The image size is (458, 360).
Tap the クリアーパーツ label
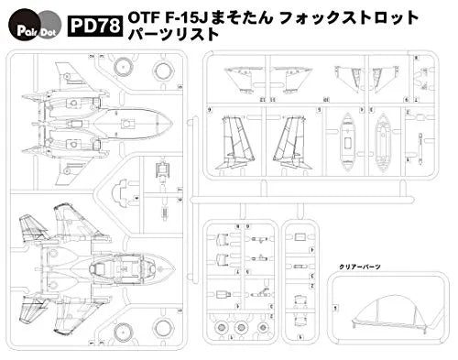tap(361, 266)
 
